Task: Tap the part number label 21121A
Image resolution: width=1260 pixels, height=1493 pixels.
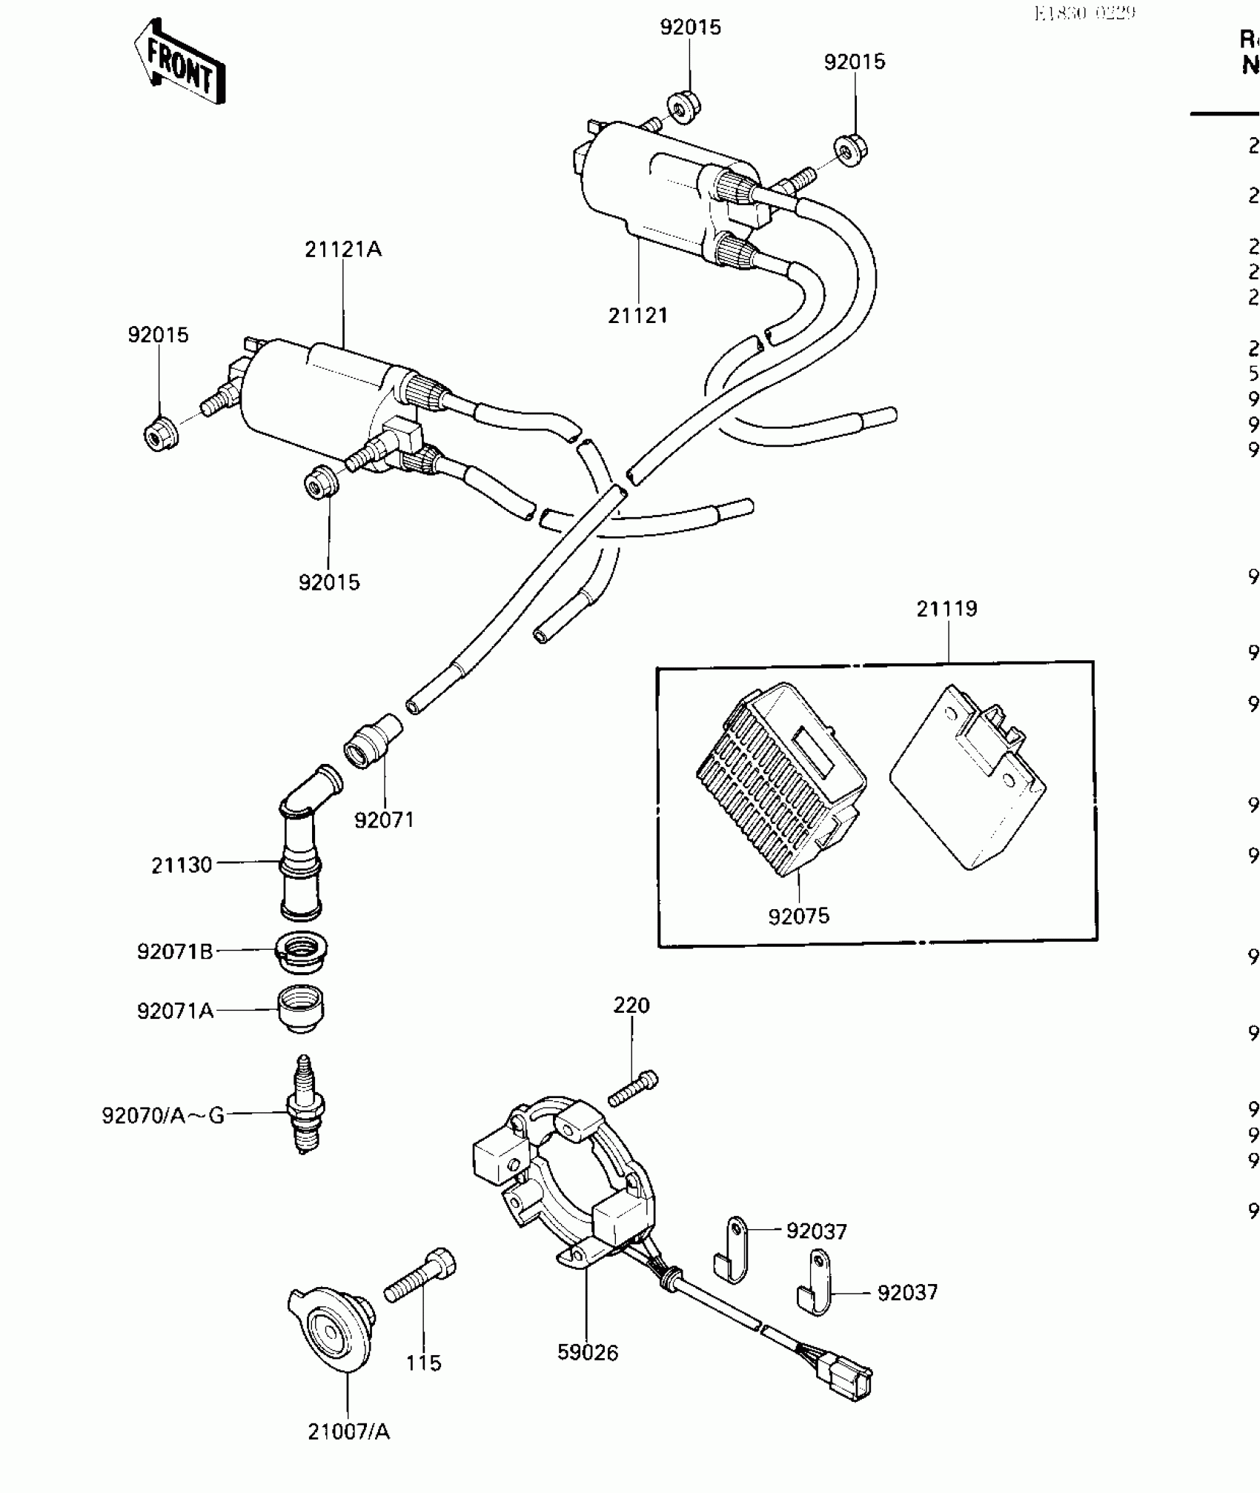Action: [x=343, y=250]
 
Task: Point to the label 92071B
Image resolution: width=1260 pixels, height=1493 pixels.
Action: [x=175, y=951]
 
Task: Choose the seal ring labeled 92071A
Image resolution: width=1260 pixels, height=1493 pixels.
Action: [x=302, y=1008]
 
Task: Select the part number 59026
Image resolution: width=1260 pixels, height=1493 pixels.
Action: [x=588, y=1353]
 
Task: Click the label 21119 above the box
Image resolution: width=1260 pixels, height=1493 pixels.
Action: [x=946, y=609]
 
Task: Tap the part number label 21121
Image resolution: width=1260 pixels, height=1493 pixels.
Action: [x=638, y=316]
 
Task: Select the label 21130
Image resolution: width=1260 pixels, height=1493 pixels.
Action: [x=182, y=865]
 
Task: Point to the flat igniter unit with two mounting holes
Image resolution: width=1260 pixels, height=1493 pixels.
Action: [x=967, y=779]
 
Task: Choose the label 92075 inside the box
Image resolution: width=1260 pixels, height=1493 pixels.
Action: [x=798, y=917]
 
